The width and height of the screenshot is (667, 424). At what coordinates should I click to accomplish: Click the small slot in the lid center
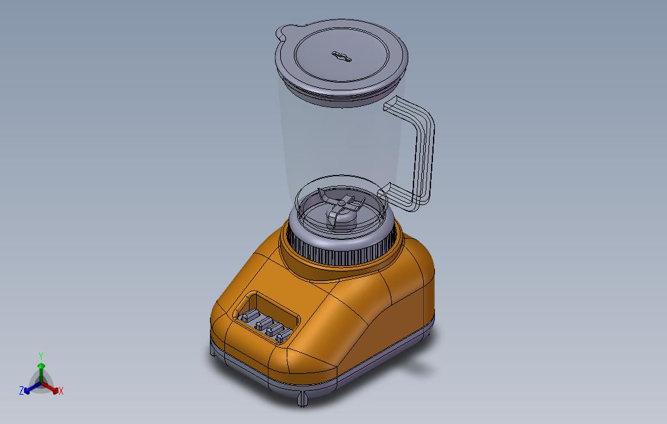click(x=341, y=57)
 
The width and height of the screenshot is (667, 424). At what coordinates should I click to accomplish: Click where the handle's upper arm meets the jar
click(x=395, y=105)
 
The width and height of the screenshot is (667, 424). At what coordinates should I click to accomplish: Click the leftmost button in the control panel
click(x=248, y=317)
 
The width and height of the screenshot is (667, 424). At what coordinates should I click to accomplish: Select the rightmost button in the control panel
click(x=283, y=334)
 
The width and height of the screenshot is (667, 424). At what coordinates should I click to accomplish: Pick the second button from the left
click(x=261, y=323)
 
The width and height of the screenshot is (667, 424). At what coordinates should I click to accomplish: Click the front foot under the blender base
click(x=303, y=398)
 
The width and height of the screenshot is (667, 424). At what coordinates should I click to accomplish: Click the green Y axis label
click(x=40, y=356)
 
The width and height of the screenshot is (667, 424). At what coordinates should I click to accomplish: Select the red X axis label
click(x=61, y=391)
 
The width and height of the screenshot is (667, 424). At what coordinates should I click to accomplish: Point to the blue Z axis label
click(x=21, y=391)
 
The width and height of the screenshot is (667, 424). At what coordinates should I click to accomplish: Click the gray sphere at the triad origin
click(x=41, y=380)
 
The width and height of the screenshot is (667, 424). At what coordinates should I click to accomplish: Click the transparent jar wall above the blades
click(x=338, y=143)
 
